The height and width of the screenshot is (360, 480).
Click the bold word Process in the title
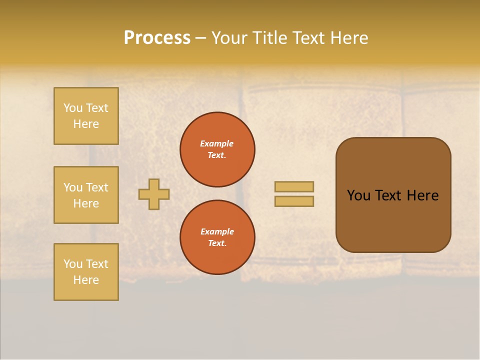tap(157, 38)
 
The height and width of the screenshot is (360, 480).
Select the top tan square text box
tap(86, 116)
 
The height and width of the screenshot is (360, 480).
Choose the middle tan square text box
tap(86, 195)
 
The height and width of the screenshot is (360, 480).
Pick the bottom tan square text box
tap(86, 272)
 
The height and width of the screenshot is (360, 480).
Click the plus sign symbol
tap(154, 194)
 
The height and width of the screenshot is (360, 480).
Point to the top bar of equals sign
tap(294, 186)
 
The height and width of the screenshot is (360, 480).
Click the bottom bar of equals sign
tap(294, 201)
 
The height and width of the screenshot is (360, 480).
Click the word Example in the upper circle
tap(216, 143)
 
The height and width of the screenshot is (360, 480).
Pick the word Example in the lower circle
tap(217, 231)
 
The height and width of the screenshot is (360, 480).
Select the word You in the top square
tap(73, 108)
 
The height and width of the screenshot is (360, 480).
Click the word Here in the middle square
tap(86, 203)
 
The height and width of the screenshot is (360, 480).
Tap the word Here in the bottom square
tap(86, 280)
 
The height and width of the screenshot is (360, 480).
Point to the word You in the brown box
tap(358, 195)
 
